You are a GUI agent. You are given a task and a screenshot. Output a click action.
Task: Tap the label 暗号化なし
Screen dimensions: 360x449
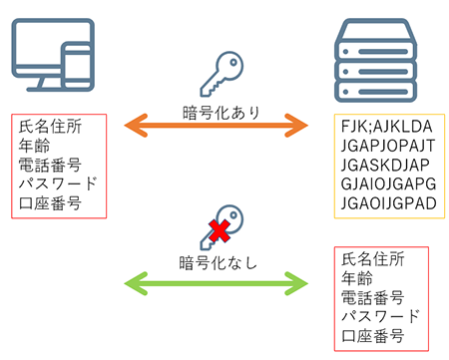pos(218,263)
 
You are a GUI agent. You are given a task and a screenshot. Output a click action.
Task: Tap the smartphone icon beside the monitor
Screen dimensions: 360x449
pos(77,68)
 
